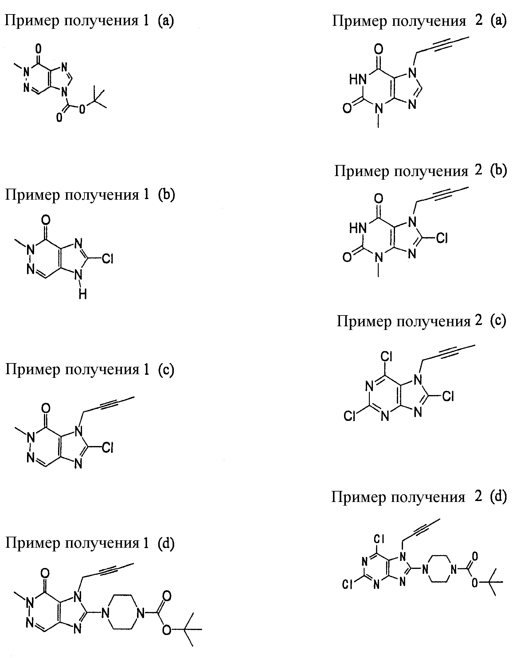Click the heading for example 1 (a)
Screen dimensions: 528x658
click(89, 21)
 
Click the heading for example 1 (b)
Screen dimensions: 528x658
click(90, 195)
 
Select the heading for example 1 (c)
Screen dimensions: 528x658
click(90, 369)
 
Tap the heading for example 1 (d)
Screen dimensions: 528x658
click(90, 543)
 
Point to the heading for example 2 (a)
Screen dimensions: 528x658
click(419, 21)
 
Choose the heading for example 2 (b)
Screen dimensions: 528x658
click(420, 171)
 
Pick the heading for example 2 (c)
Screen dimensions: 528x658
click(421, 321)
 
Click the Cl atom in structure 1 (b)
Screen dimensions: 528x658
click(108, 259)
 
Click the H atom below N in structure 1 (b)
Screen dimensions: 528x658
click(83, 295)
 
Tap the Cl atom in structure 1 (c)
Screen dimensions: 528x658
click(108, 448)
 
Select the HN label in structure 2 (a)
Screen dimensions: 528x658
click(358, 80)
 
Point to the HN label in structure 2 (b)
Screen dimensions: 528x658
click(358, 228)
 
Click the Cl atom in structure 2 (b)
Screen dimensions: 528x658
click(441, 237)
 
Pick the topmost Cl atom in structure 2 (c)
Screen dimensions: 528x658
click(386, 356)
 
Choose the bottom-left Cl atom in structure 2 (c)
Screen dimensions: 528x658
click(350, 416)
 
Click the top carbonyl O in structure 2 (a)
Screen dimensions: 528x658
click(379, 49)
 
